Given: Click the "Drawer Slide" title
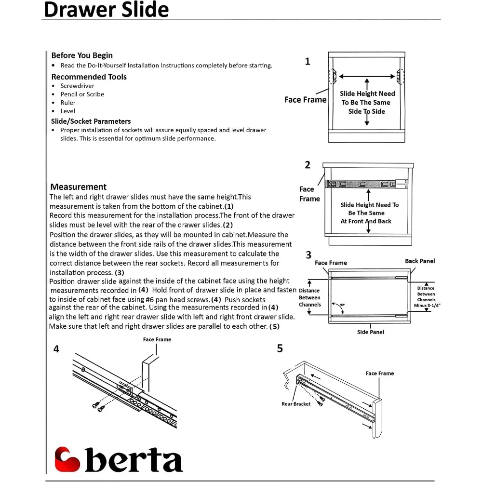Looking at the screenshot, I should [x=106, y=10].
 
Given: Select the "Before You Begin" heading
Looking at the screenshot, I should [x=82, y=55].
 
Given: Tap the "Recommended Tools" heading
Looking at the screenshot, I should [x=89, y=77].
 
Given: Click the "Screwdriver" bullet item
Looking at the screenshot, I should [x=77, y=86].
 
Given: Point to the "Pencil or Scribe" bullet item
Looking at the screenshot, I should [x=82, y=94].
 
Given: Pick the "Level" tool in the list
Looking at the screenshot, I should [x=67, y=111].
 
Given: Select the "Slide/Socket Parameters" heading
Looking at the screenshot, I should [x=91, y=121].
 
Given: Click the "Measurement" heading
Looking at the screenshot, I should [x=79, y=187].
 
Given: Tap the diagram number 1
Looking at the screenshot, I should [x=308, y=62].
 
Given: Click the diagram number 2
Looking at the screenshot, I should [x=308, y=165].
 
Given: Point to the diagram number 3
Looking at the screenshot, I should [x=308, y=255].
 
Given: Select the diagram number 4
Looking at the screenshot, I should [x=56, y=349].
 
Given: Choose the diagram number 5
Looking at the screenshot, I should [x=280, y=348].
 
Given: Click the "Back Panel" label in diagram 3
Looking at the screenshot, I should [x=420, y=261].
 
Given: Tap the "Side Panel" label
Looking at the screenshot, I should [x=370, y=332].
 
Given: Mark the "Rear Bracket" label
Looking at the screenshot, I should [x=296, y=404].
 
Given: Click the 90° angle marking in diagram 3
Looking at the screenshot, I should [x=342, y=305].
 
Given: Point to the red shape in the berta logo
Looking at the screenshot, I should [x=67, y=459].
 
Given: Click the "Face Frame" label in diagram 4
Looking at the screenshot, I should [x=157, y=340].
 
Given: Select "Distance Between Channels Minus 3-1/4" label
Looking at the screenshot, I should [x=426, y=297].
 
